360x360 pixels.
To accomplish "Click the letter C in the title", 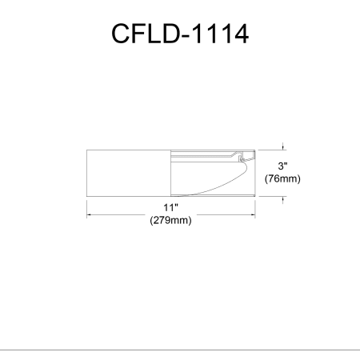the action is [x=120, y=34].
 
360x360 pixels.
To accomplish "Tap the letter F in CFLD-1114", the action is [x=138, y=34].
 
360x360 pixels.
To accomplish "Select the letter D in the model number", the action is [x=170, y=34].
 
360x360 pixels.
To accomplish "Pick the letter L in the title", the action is [x=153, y=34].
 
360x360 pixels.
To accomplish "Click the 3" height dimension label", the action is [x=282, y=166].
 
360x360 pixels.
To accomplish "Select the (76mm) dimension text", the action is [x=282, y=178].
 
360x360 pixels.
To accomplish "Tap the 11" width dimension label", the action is [x=170, y=207].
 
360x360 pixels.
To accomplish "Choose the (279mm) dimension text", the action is [x=170, y=220].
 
